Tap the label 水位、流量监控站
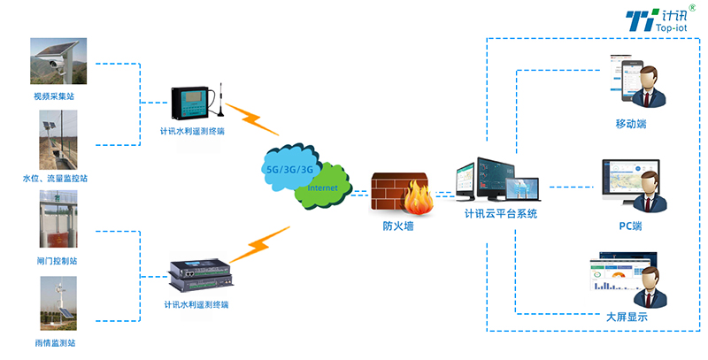55,179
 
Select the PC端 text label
630,226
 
